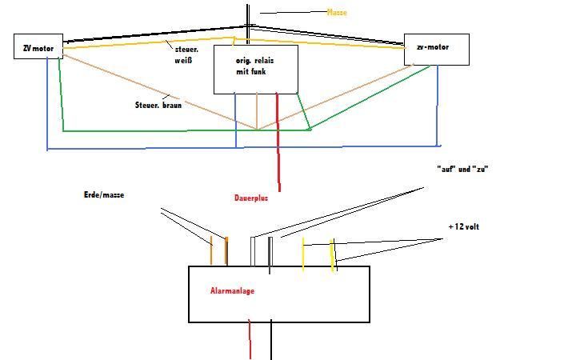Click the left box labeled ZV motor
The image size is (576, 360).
tap(38, 47)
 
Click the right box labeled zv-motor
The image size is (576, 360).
tap(436, 48)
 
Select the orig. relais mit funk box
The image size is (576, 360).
tap(255, 69)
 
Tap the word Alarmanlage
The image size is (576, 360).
tap(232, 291)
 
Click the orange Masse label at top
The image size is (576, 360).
tap(338, 13)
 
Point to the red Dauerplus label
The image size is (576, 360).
tap(251, 198)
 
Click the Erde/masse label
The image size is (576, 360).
tap(104, 194)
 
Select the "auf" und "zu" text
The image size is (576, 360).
tap(462, 169)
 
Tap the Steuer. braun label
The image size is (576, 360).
tap(158, 105)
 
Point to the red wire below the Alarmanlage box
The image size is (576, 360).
tap(250, 339)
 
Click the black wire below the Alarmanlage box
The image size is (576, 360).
tap(271, 340)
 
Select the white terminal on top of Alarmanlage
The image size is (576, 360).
tap(253, 251)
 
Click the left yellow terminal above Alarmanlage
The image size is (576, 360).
tap(302, 254)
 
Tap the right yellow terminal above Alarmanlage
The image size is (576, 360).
tap(333, 254)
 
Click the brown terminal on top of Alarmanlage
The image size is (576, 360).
tap(211, 251)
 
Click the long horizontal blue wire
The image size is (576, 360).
tap(240, 147)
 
